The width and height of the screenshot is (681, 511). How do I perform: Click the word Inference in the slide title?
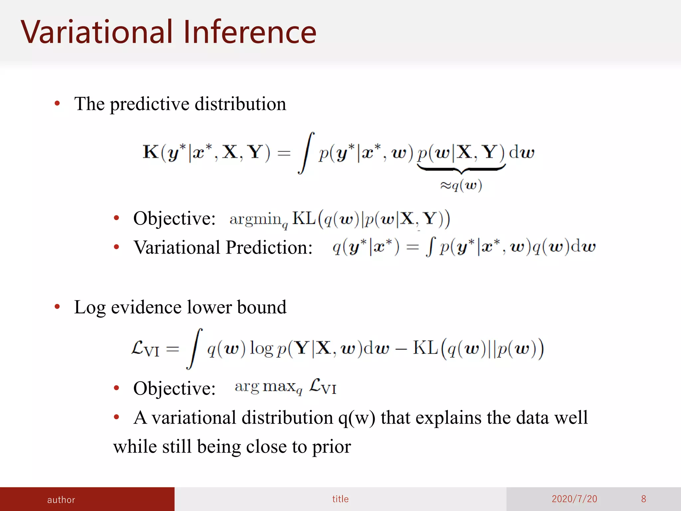[x=249, y=32]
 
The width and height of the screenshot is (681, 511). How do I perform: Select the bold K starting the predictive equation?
[x=150, y=152]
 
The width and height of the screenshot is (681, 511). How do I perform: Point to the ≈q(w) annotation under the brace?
[x=461, y=185]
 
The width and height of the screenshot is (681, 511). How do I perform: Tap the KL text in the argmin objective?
[x=303, y=219]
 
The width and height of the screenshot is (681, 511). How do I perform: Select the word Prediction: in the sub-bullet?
[x=269, y=248]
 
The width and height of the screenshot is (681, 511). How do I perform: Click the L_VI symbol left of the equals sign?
[x=145, y=349]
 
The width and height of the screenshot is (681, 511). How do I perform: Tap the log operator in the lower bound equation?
[x=261, y=349]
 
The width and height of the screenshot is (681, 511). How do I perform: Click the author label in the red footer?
[x=61, y=500]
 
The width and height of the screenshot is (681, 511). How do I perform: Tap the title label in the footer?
[x=340, y=499]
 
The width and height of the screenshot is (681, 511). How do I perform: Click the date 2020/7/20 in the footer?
[x=574, y=499]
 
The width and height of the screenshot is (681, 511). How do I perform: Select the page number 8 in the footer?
[x=643, y=499]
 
